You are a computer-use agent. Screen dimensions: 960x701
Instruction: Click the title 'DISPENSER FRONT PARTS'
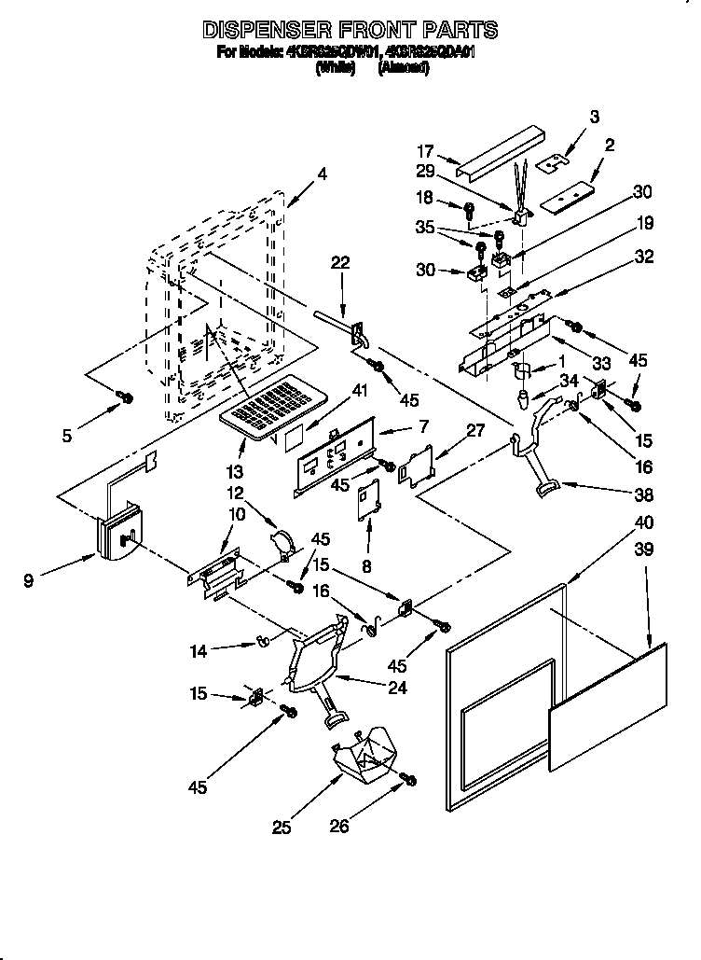click(350, 30)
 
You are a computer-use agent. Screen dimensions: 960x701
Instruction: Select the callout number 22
click(340, 263)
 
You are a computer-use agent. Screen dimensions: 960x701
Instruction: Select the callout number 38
click(643, 494)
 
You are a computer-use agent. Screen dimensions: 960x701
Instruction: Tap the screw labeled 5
click(123, 398)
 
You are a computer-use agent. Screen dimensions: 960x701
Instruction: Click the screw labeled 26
click(407, 779)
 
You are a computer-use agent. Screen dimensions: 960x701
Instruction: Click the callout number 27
click(474, 431)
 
